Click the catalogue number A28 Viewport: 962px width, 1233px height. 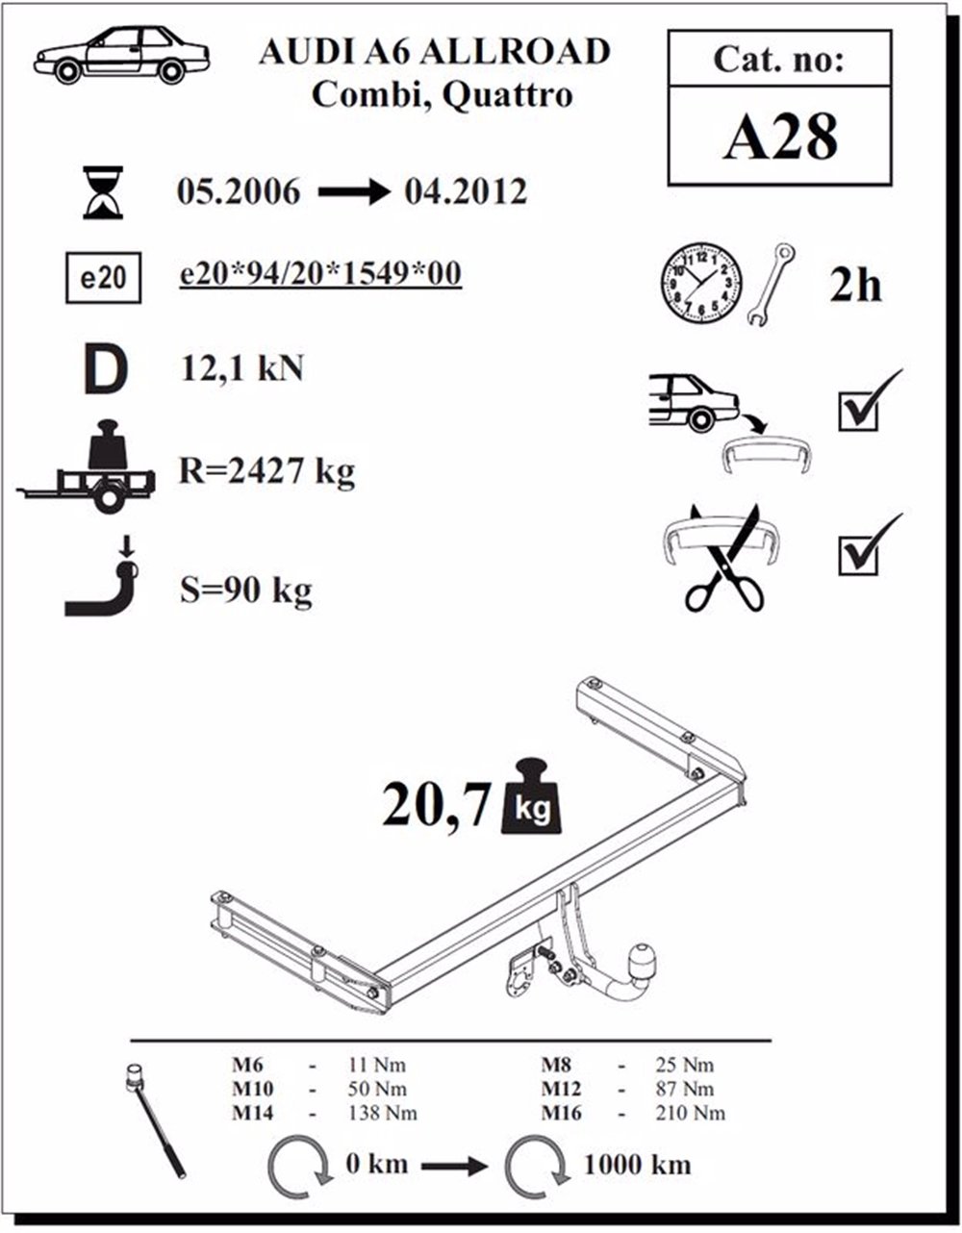(779, 137)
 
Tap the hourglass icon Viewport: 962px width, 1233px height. (103, 191)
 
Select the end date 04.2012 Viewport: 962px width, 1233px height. (466, 191)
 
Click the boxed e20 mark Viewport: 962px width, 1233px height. (103, 279)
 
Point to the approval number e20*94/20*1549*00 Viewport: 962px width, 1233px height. (321, 274)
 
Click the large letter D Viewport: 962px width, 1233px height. (105, 371)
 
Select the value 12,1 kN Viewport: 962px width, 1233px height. (242, 368)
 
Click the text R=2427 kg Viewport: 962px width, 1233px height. (266, 472)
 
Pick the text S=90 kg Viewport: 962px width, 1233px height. (246, 590)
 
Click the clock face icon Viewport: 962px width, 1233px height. (700, 283)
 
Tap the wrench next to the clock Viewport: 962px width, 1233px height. (772, 285)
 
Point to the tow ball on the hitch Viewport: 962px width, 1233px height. (641, 958)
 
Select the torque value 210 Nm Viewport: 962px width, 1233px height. (694, 1114)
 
